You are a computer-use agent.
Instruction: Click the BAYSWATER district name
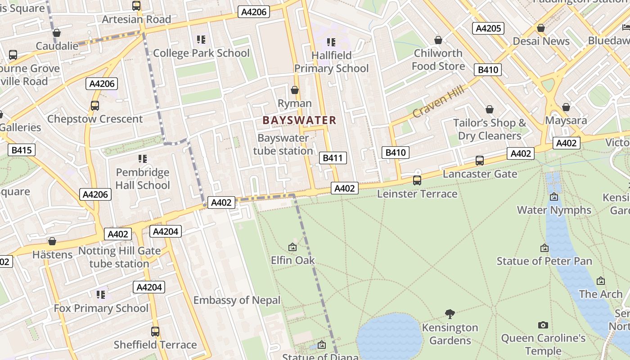point(299,120)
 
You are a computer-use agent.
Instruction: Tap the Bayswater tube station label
point(283,144)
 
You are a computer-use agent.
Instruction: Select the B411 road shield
point(333,158)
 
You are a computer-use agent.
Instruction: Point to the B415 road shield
point(21,150)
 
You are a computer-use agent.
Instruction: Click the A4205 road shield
point(488,28)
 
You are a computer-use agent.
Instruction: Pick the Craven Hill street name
point(438,102)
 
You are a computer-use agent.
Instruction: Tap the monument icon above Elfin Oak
point(292,247)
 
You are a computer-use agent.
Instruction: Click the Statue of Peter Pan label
point(544,261)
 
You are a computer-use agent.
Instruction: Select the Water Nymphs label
point(554,210)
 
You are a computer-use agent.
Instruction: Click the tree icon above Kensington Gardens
point(450,314)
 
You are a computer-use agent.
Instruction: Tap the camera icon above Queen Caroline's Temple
point(543,325)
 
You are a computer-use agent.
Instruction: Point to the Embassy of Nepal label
point(237,300)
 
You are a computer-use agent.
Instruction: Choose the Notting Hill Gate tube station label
point(119,257)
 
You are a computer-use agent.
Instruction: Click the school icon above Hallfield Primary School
point(331,42)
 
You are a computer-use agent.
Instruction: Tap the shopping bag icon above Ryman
point(295,90)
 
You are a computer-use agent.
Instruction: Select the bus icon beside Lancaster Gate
point(480,161)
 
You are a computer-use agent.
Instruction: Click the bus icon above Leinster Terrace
point(417,180)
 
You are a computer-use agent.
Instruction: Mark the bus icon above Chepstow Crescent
point(95,106)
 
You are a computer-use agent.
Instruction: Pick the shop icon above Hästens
point(52,242)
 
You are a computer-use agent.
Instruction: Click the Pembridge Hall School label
point(143,179)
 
